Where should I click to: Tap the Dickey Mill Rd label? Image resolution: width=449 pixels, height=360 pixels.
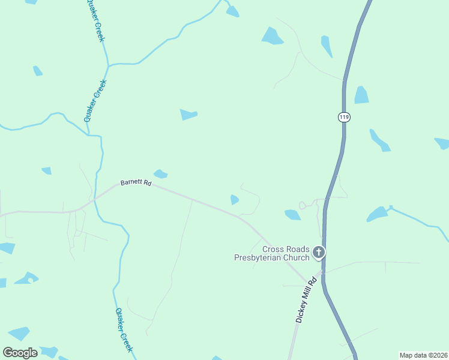[306, 301]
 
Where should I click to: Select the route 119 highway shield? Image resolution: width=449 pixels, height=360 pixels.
[343, 117]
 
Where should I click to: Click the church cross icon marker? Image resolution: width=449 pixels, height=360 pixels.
[319, 252]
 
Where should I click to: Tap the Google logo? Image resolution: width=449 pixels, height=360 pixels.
[20, 353]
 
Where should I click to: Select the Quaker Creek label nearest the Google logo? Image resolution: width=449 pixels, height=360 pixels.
[123, 329]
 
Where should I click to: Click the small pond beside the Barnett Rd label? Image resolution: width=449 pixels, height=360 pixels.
[160, 174]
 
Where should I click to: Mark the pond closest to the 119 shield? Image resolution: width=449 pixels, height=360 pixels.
[361, 95]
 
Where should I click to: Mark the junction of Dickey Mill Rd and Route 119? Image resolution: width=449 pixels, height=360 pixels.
[323, 273]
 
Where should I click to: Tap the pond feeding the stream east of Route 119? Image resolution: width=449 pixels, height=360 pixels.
[378, 214]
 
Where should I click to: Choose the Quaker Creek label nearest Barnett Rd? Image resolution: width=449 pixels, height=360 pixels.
[95, 101]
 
